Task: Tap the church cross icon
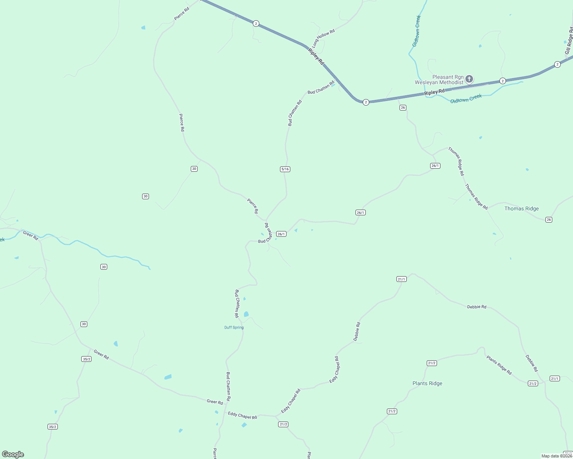[469, 79]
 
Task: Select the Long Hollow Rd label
[323, 38]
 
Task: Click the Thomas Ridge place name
[521, 208]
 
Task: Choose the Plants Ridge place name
[427, 383]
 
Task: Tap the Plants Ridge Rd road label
[499, 365]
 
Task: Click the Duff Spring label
[234, 327]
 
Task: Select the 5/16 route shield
[285, 169]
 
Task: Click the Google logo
[13, 454]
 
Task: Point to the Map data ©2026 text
[557, 456]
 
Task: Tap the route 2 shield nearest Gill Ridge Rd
[557, 64]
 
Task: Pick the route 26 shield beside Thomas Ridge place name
[549, 220]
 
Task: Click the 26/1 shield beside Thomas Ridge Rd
[435, 166]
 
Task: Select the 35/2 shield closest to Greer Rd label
[87, 359]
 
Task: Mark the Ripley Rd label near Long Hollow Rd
[316, 56]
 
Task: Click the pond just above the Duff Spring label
[246, 314]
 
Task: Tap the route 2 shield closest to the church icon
[503, 81]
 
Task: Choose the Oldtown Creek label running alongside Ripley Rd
[466, 99]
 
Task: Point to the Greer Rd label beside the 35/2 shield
[101, 355]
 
